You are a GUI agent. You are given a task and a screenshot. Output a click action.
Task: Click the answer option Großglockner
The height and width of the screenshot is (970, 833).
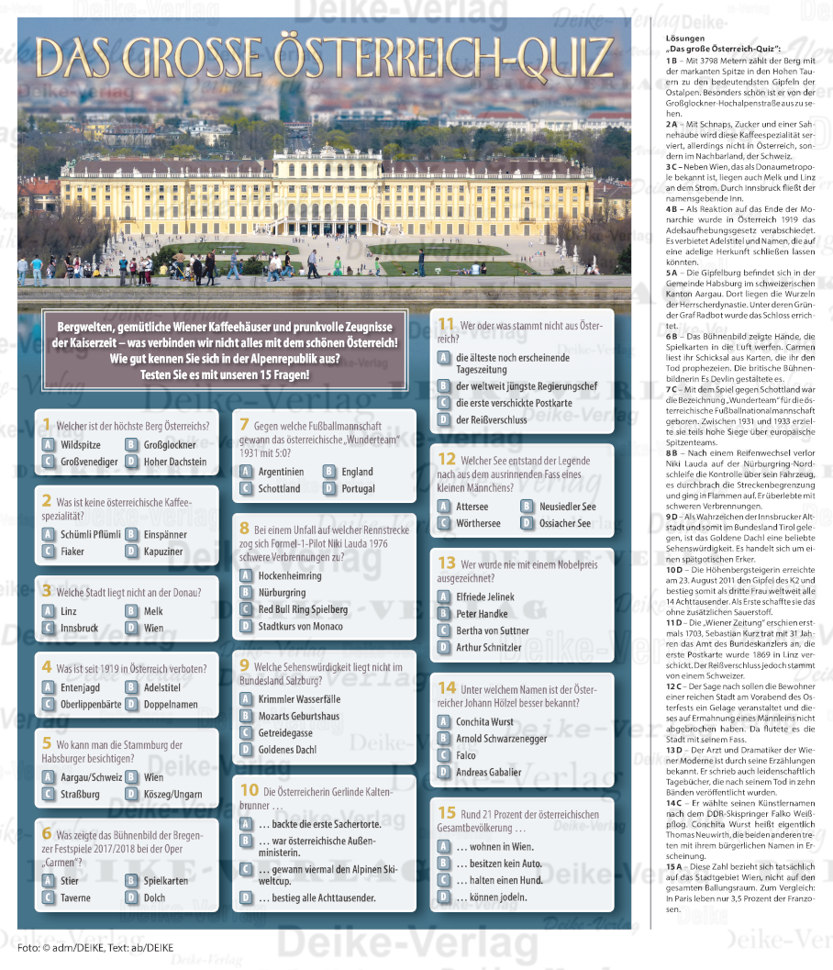169,444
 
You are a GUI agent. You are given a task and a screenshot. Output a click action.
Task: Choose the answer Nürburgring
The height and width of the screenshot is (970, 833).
283,592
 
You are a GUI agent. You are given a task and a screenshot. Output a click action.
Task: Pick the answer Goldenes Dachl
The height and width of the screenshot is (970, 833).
287,749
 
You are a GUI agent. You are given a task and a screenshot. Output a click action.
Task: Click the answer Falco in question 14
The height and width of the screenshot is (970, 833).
467,754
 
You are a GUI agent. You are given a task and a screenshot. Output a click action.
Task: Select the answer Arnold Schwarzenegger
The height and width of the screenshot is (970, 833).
503,738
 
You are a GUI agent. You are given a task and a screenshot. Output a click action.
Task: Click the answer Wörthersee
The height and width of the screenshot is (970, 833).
478,523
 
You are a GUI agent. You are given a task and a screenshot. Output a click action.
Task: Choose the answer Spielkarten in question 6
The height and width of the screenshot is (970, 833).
166,880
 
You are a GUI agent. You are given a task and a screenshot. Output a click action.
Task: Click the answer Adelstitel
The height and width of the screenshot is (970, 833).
161,686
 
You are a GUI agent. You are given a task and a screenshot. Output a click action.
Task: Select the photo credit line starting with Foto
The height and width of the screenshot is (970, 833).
94,946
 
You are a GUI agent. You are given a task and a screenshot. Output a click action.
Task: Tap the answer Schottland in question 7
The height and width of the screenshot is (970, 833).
279,488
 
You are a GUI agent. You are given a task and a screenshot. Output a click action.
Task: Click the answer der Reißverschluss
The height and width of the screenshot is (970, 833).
494,419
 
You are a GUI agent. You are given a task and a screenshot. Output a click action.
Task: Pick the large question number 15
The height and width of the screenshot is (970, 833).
447,812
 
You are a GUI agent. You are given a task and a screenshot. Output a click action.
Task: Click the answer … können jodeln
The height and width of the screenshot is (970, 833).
492,896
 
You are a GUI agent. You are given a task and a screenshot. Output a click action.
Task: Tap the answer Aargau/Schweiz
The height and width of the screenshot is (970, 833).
91,777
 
